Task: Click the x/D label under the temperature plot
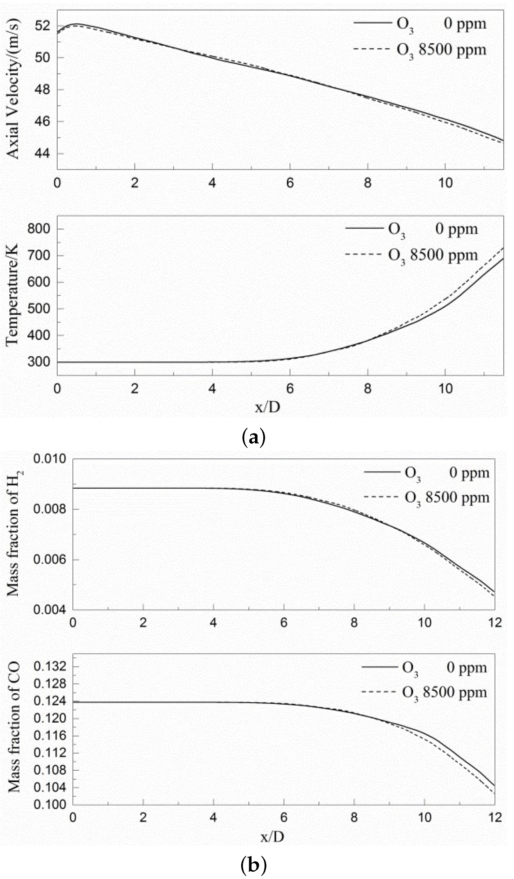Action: tap(267, 407)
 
